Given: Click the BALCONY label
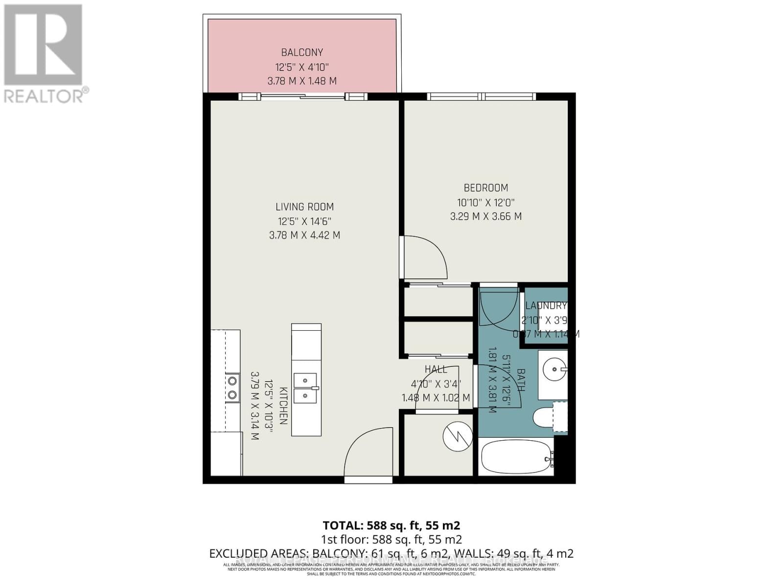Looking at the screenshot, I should (302, 52).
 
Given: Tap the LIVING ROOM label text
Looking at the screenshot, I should (304, 207).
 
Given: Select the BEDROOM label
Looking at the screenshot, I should (486, 188).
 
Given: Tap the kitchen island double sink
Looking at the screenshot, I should (305, 387).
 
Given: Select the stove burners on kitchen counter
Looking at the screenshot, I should (232, 387).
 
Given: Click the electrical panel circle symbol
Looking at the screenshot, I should (458, 437).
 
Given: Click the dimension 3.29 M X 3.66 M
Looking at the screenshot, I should (486, 216).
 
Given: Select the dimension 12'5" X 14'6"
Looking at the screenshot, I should (304, 221).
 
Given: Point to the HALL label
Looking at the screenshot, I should (436, 369).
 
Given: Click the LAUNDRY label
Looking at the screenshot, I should (546, 306).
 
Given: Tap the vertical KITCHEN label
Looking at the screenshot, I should (283, 405).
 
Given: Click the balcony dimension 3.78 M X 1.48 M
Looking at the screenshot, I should (302, 81).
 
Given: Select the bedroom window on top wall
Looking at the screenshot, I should (482, 97).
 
